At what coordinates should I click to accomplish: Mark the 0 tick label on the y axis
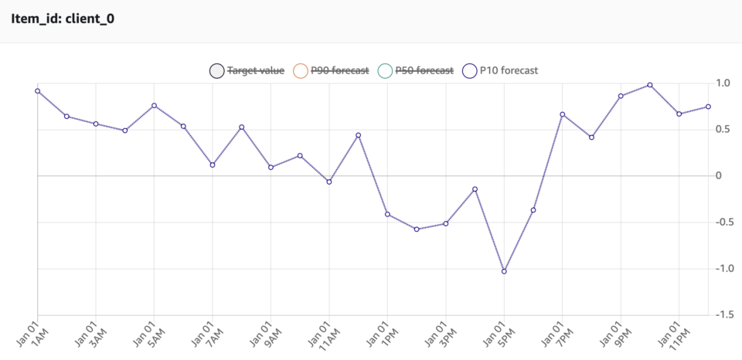click(719, 176)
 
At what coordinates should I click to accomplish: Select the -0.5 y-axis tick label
click(723, 222)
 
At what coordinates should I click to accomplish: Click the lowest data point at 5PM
click(504, 271)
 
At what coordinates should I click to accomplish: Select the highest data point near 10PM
click(650, 85)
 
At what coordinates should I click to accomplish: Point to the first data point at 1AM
click(37, 91)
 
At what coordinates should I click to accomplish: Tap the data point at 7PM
click(563, 114)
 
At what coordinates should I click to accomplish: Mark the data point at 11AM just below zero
click(329, 182)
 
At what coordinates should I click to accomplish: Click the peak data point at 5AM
click(154, 105)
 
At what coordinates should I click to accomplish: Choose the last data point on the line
click(708, 107)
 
